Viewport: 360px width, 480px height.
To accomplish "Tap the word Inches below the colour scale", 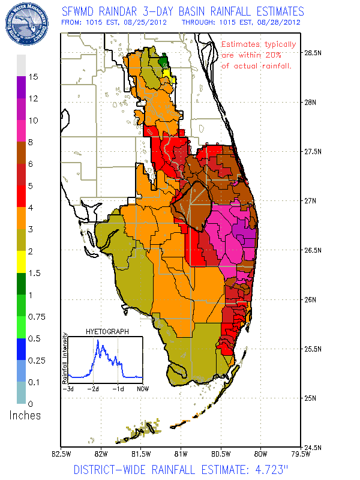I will tap(25, 415).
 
